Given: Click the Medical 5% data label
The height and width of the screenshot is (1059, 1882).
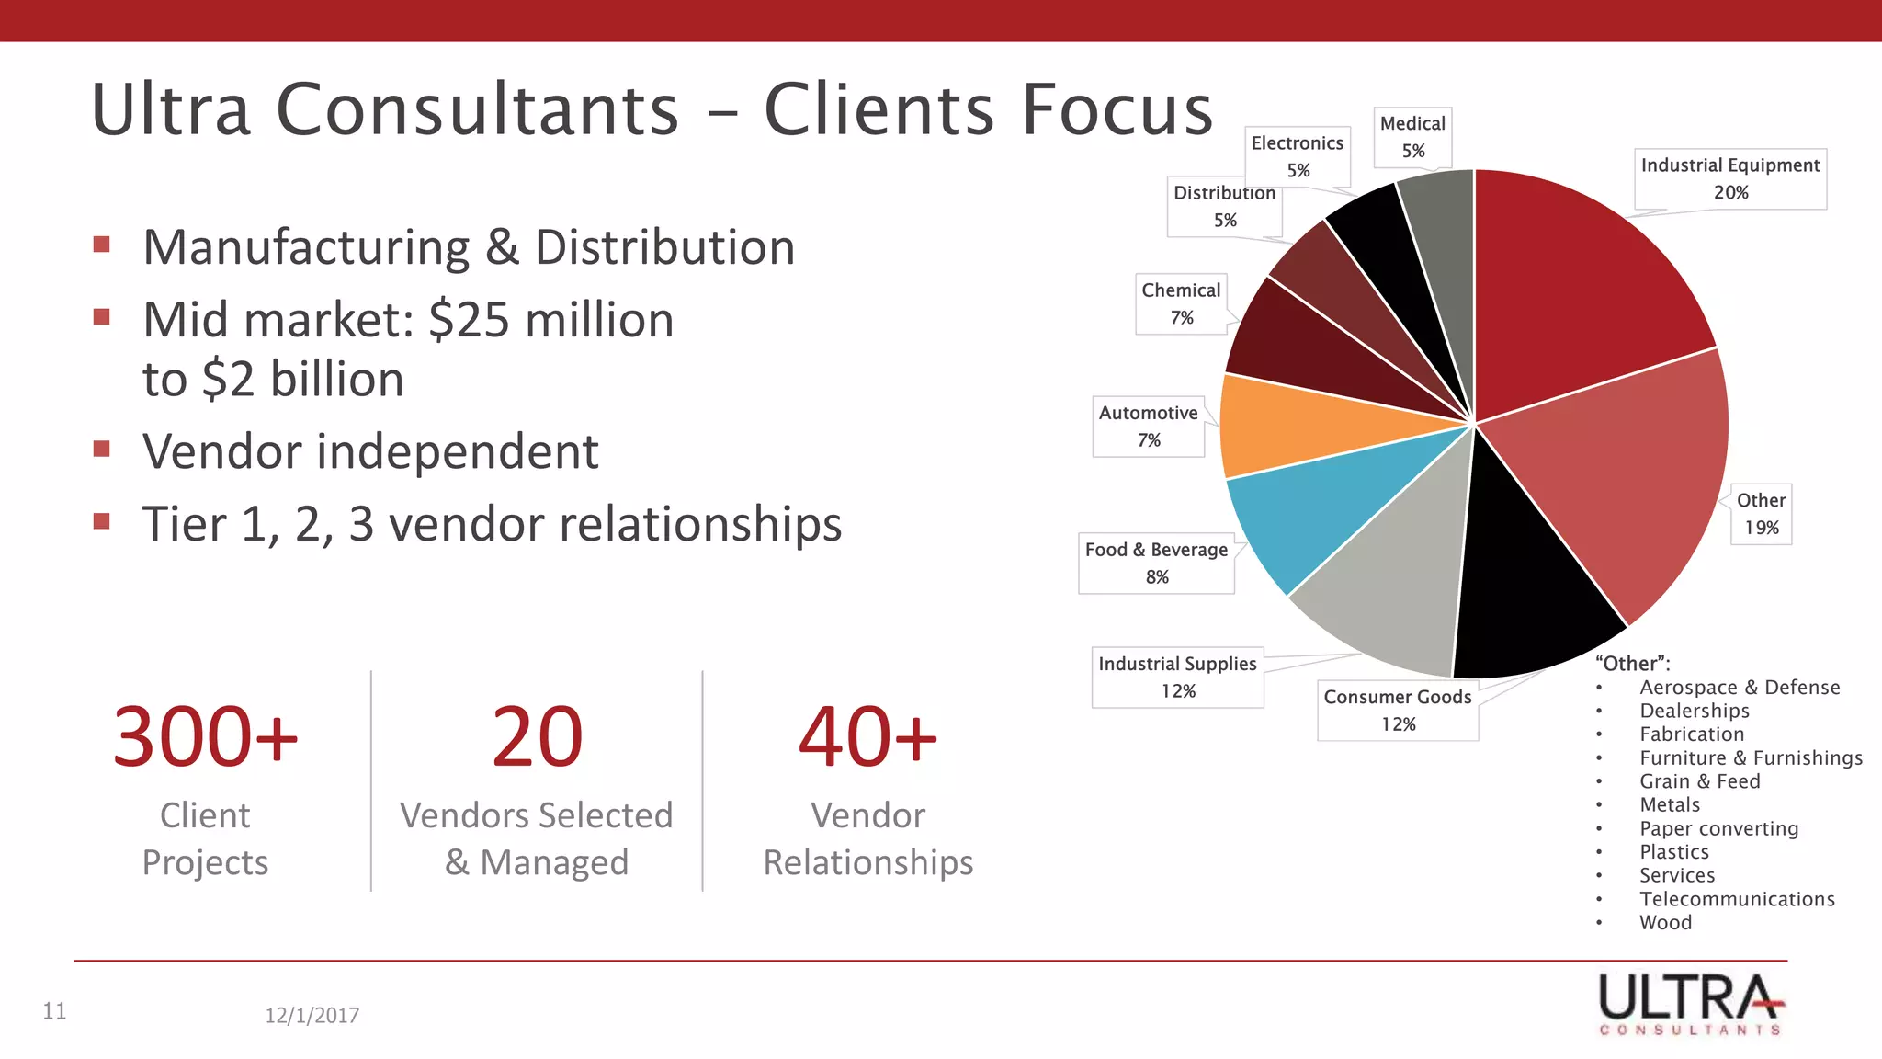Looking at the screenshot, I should [x=1412, y=137].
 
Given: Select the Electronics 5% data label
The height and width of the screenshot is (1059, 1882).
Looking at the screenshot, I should [x=1298, y=156].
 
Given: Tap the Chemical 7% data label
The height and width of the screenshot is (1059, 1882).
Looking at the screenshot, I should [x=1181, y=303].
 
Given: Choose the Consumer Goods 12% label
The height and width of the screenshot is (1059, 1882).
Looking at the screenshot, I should [x=1398, y=710].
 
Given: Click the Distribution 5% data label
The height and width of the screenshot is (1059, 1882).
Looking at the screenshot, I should [x=1224, y=206].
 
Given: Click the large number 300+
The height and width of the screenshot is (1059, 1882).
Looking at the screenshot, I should [x=205, y=737].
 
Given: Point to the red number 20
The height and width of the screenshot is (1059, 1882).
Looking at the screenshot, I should [x=537, y=737].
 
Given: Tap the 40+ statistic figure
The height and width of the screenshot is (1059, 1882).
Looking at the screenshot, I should [x=867, y=737].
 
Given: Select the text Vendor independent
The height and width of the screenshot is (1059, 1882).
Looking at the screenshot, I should [x=370, y=451].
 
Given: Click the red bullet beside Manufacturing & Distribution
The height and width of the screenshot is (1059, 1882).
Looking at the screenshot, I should [x=102, y=245].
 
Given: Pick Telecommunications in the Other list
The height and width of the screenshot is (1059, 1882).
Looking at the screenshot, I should [x=1737, y=899].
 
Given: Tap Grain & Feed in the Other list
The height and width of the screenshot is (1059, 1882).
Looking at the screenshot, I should [x=1699, y=781].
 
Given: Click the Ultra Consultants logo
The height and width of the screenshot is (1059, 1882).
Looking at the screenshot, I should [x=1691, y=1004].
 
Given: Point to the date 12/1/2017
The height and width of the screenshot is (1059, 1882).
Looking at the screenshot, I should [x=312, y=1015].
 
